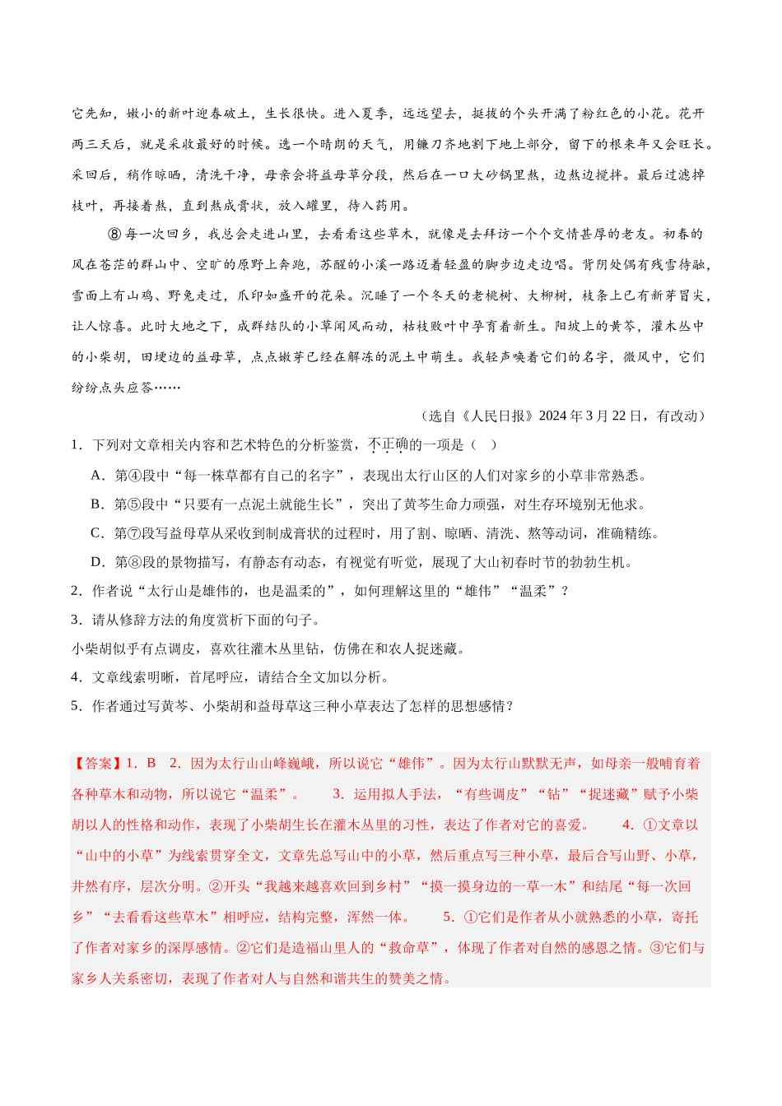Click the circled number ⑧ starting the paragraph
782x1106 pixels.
pos(114,235)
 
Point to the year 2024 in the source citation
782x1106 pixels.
pos(553,416)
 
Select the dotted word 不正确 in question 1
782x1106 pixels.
pos(389,445)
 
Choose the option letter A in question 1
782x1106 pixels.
pos(97,476)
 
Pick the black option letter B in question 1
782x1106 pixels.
pos(97,504)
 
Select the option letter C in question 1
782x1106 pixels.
pos(97,533)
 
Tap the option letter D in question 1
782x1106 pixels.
pos(97,563)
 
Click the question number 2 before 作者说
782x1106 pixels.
pos(76,591)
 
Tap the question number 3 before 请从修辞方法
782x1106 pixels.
pos(76,620)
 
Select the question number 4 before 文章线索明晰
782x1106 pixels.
pos(76,677)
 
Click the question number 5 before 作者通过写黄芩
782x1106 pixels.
pos(76,706)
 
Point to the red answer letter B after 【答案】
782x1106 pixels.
pos(151,764)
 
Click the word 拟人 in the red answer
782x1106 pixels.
pos(395,794)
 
